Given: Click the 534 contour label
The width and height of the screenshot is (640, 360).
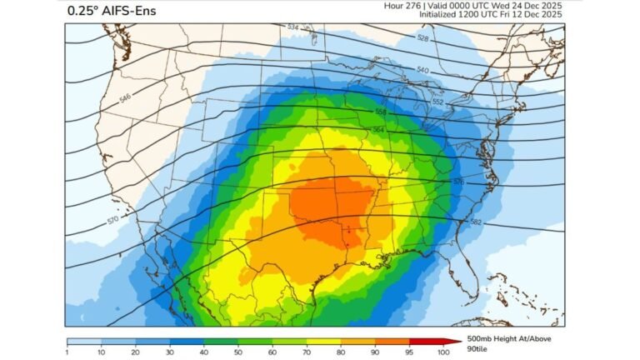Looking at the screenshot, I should [x=292, y=27].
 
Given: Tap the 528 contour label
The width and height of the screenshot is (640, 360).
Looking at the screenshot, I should [x=422, y=38].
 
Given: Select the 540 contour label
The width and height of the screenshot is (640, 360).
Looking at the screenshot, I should [x=422, y=70].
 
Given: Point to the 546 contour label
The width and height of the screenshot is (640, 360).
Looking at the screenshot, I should [x=126, y=98].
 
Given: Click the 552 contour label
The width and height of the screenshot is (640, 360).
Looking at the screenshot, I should [x=437, y=102].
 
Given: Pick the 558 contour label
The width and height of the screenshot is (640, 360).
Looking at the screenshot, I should [x=381, y=112].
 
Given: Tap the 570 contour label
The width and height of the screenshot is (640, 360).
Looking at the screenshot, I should [x=113, y=221].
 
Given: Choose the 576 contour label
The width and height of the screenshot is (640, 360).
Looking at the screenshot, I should [x=457, y=182].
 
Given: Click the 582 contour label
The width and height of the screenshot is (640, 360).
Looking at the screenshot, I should [x=475, y=222].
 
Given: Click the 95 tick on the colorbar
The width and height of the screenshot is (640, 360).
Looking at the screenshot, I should [x=408, y=352].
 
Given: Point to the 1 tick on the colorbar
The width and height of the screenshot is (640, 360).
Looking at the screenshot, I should [x=67, y=352].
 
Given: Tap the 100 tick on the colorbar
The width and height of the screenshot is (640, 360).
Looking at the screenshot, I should [x=442, y=352].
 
